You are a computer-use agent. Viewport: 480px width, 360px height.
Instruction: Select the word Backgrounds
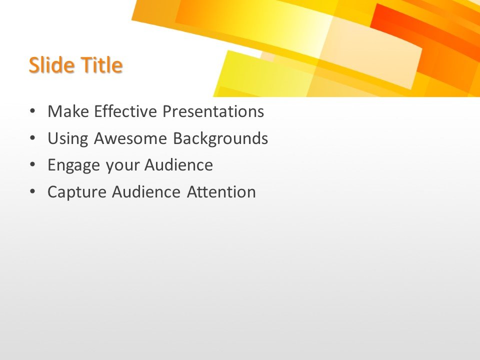220,138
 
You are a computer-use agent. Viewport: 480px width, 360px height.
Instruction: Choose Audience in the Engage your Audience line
178,165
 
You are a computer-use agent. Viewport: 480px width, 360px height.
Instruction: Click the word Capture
77,192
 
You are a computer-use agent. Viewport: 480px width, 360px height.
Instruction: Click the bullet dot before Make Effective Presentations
32,111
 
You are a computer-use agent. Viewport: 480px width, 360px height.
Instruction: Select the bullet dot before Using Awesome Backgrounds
32,138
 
